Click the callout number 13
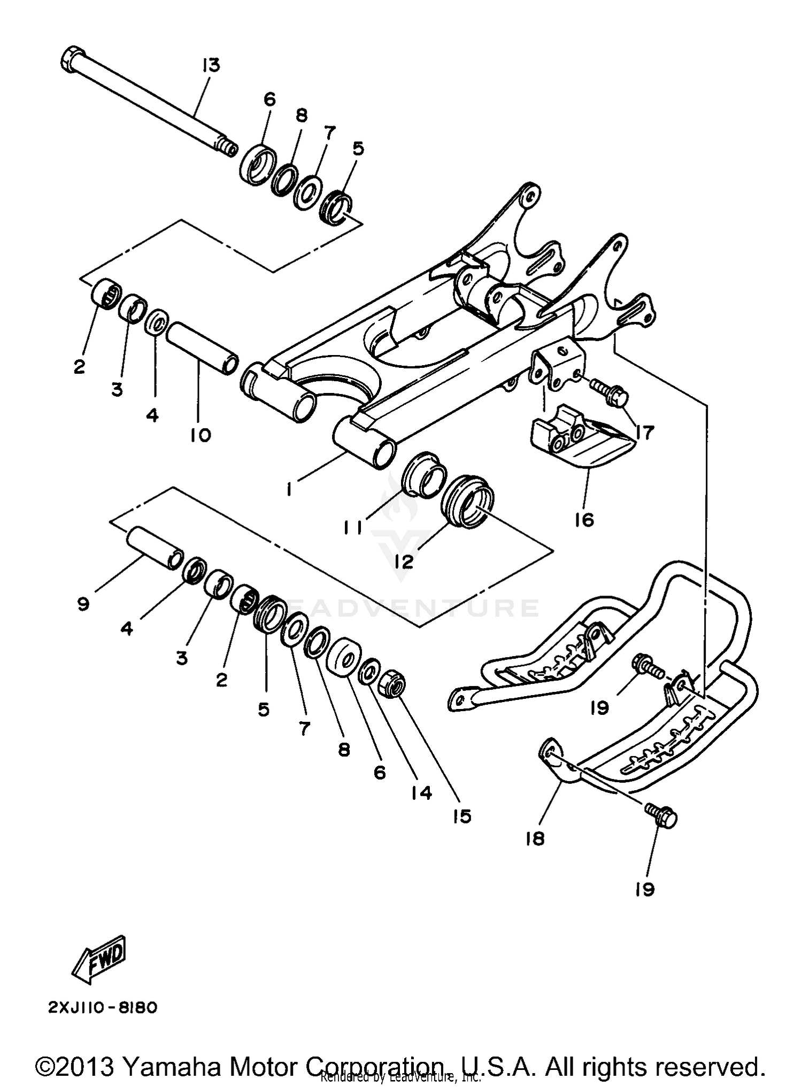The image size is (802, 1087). [x=211, y=66]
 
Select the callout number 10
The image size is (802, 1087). [x=200, y=435]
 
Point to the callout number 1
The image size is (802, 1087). [x=289, y=489]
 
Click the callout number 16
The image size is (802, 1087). [x=584, y=519]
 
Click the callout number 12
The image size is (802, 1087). [x=405, y=561]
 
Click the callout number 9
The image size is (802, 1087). [x=83, y=604]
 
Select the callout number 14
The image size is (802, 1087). [x=422, y=792]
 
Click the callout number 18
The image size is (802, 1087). [x=535, y=838]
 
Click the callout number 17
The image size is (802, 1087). [x=645, y=432]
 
